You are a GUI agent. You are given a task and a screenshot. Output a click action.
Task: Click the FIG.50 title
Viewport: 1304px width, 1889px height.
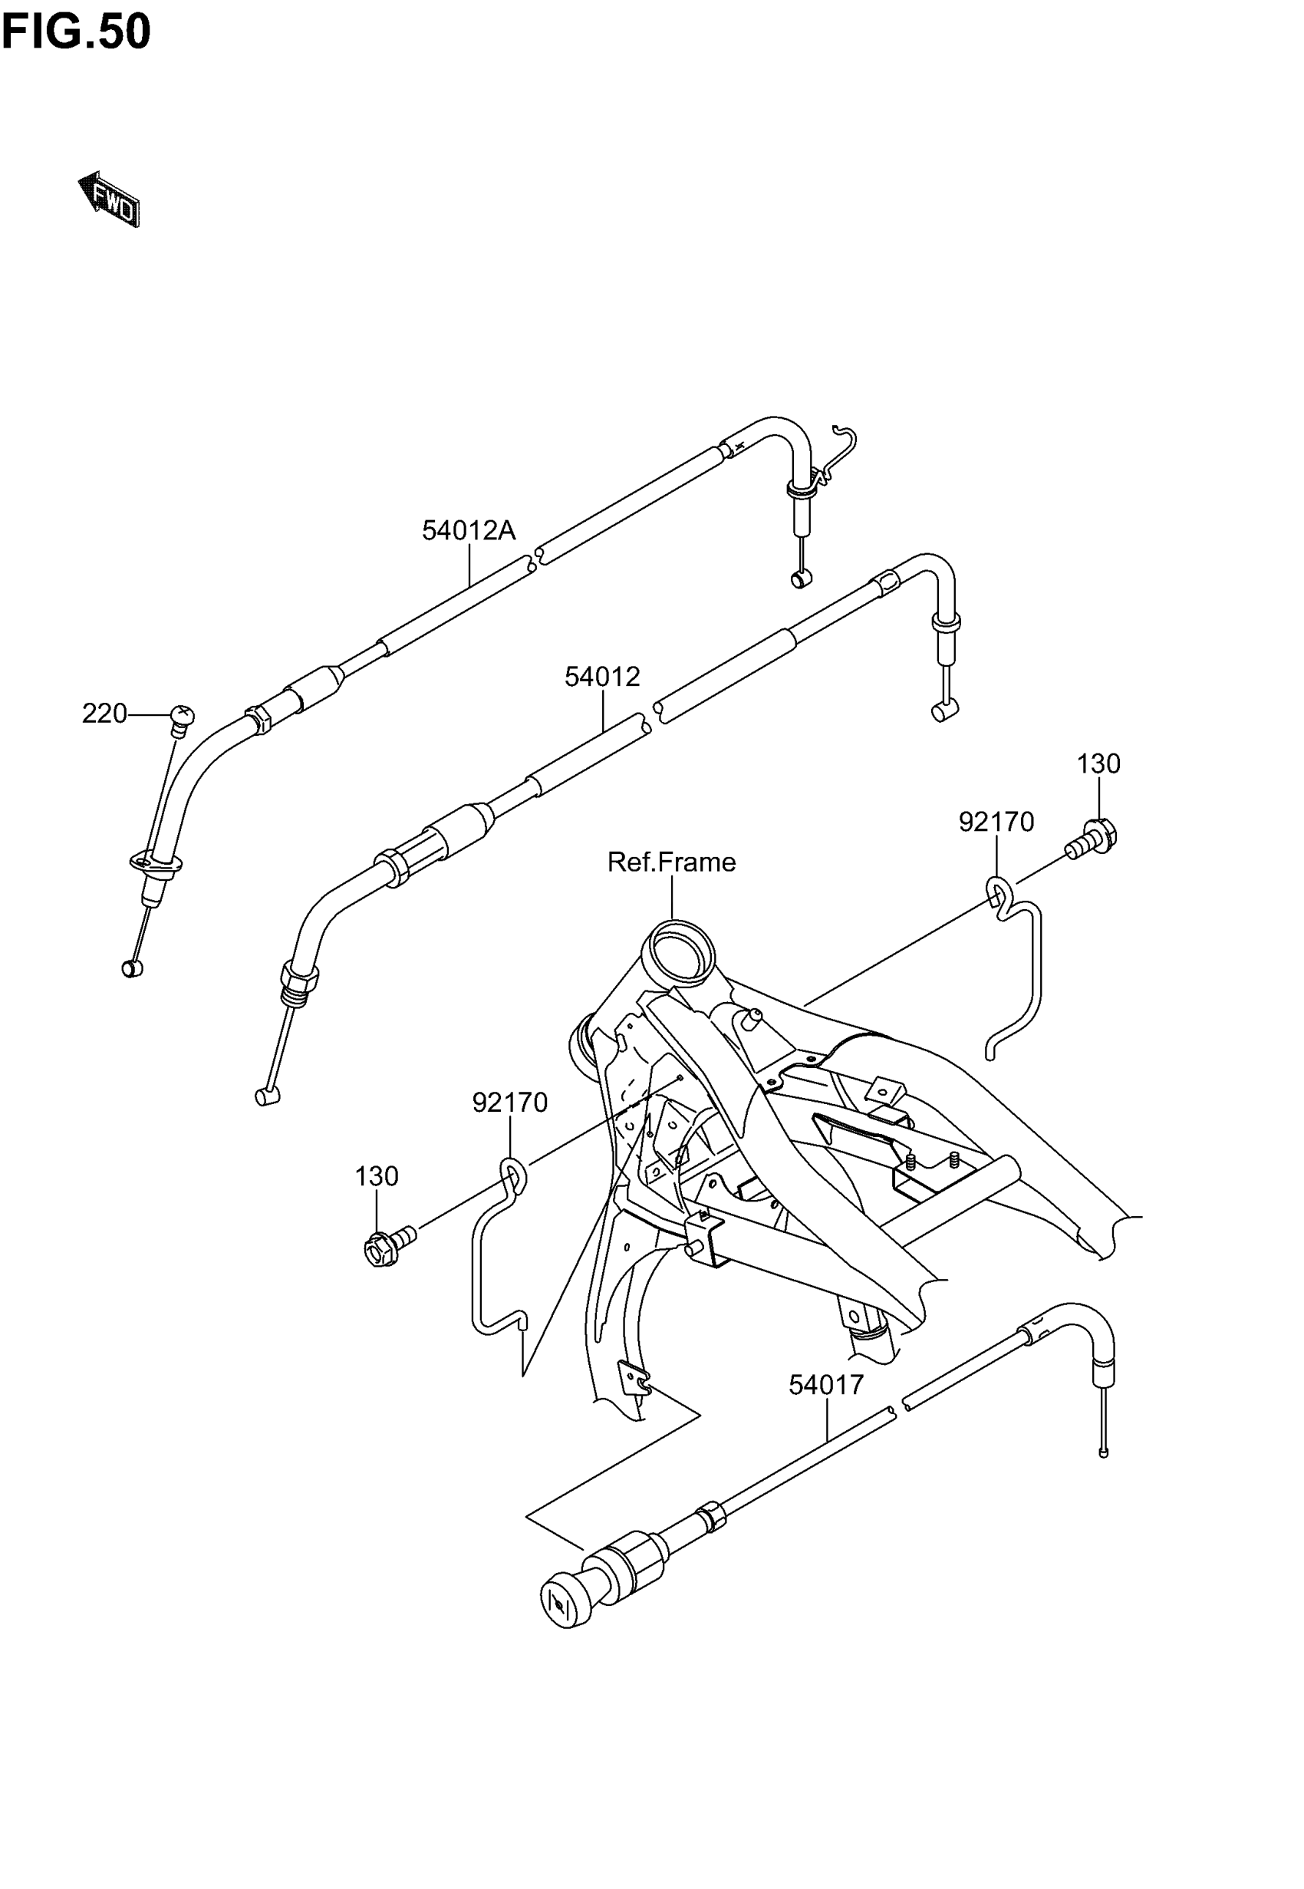76,33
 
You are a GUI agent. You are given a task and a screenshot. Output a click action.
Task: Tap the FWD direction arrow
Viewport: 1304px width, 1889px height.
110,199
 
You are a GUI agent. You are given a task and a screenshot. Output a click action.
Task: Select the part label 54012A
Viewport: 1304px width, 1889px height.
468,531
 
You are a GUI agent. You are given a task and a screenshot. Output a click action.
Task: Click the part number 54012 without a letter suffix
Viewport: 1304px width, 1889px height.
602,677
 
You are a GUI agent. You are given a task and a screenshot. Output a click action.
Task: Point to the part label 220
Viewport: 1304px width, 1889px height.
104,714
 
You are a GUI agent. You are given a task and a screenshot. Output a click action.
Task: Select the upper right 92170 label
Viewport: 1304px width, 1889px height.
996,821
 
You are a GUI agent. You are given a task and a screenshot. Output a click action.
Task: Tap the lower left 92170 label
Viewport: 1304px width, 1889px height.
510,1103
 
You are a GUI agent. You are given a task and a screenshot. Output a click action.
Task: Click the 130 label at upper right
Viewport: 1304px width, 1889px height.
1098,764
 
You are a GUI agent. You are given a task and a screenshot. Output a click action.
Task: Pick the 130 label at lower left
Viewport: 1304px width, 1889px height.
376,1176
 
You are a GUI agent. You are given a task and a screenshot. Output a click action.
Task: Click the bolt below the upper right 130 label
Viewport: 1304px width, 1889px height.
1092,839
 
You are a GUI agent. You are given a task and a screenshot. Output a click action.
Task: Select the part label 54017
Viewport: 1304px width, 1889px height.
826,1385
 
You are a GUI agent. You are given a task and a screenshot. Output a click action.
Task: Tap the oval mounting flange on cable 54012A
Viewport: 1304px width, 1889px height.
155,861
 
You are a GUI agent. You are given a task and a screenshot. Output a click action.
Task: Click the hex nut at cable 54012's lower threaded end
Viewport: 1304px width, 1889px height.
298,977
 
